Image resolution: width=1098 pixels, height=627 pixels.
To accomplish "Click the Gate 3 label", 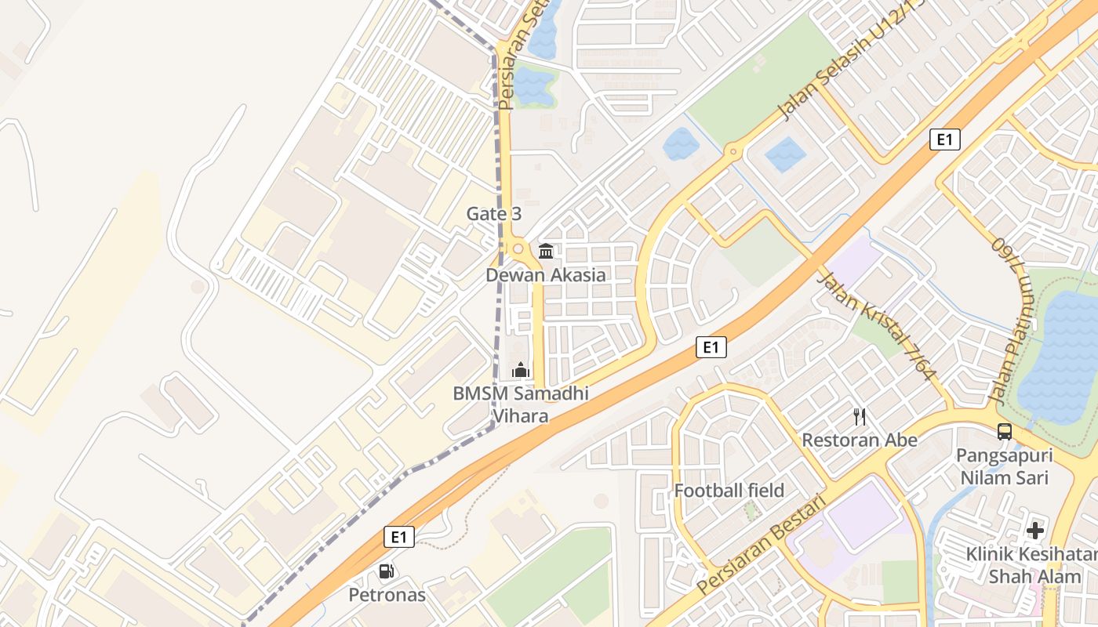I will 493,213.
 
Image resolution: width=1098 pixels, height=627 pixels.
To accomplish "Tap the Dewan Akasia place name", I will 545,275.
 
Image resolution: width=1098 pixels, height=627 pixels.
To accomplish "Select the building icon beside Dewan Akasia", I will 546,252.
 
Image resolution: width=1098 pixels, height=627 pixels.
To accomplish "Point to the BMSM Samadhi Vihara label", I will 521,404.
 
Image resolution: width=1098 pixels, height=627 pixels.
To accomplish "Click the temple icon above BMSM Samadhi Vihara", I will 521,370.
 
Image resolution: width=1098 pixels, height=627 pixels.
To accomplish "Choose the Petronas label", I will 387,595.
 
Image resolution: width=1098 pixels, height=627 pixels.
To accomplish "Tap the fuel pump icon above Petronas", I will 386,571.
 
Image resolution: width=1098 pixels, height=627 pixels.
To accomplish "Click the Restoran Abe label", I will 859,440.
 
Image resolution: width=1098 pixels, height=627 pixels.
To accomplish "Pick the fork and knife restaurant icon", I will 860,417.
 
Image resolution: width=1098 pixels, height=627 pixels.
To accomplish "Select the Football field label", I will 729,491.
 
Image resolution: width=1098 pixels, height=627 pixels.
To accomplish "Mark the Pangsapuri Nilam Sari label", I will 1003,466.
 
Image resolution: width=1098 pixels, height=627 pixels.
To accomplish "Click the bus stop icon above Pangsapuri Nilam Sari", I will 1004,431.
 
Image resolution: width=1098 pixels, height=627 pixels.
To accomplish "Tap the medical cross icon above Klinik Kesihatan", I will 1035,531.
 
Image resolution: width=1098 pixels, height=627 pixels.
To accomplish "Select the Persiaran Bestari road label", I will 762,544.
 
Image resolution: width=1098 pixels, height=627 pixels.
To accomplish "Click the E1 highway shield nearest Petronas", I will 399,537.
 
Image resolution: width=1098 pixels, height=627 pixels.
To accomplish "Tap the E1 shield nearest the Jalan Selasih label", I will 945,140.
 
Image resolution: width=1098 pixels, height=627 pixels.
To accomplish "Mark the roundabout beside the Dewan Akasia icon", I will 518,249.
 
